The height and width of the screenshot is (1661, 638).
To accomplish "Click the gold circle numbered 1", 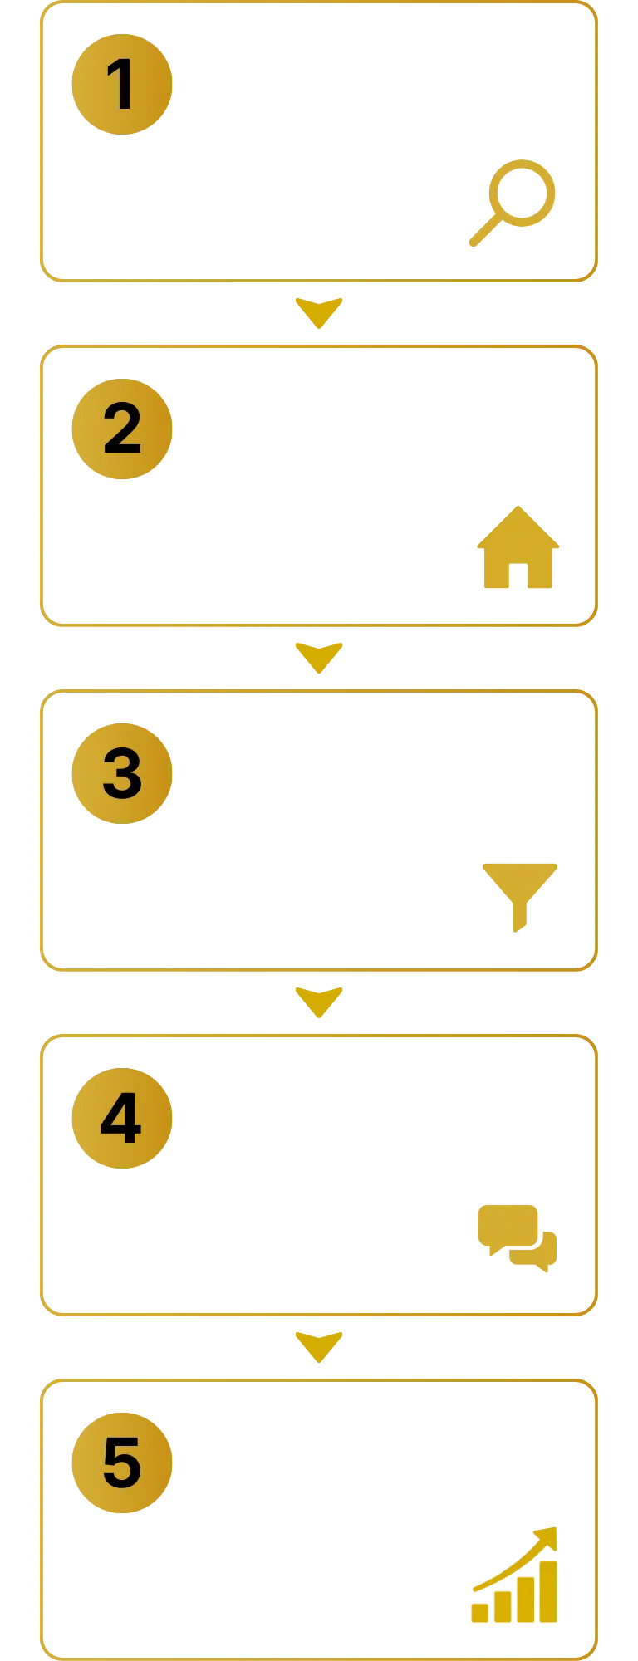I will click(121, 85).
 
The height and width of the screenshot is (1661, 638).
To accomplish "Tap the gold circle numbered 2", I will click(121, 429).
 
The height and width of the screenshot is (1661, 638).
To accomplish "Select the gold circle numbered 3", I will click(121, 773).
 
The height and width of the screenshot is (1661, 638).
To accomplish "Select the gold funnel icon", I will click(518, 895).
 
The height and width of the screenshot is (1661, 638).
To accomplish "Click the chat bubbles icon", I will click(516, 1237).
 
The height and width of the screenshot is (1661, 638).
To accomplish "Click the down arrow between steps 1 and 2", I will click(319, 312).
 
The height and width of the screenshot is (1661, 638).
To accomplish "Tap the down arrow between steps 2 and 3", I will click(319, 657).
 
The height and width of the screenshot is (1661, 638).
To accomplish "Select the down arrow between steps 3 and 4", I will click(319, 1002).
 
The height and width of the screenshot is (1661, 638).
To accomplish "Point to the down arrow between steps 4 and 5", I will click(319, 1347).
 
